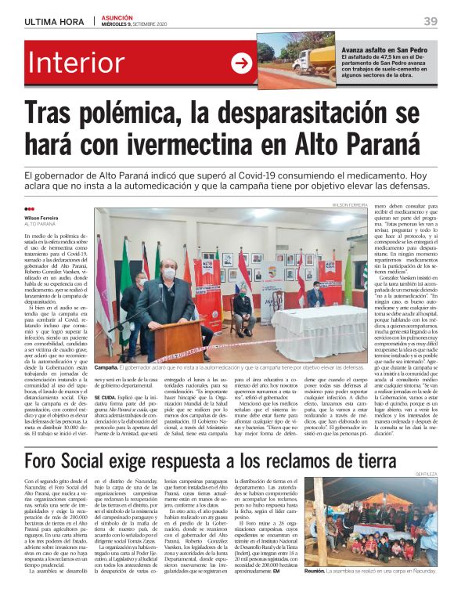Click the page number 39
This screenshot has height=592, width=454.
431,21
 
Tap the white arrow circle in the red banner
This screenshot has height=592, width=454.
240,64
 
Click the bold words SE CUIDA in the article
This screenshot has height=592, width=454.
106,398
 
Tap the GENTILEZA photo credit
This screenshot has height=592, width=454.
427,475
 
